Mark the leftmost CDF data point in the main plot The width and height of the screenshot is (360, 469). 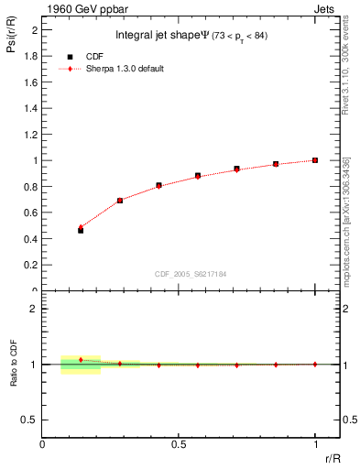(x=81, y=231)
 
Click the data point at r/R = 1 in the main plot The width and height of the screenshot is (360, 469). (x=314, y=160)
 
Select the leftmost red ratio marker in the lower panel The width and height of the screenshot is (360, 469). (x=81, y=360)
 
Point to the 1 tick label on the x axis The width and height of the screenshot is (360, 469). (x=314, y=443)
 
